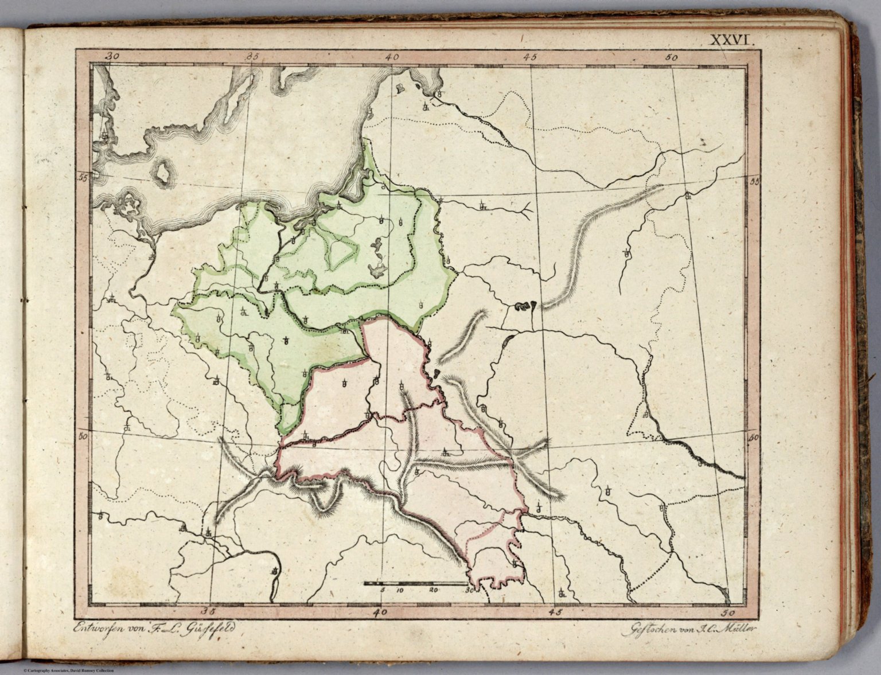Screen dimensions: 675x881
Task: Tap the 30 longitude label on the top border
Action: [113, 56]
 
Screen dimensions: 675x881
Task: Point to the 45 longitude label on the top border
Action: [529, 57]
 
